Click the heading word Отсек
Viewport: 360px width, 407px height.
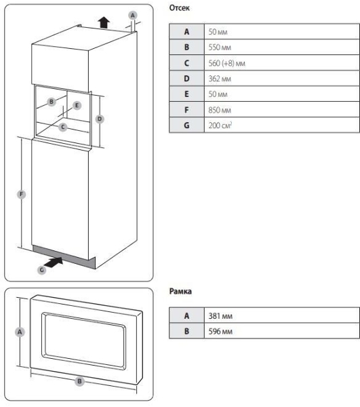click(x=179, y=8)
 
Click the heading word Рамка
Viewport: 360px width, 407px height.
click(x=180, y=291)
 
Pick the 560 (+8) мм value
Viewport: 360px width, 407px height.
click(x=226, y=63)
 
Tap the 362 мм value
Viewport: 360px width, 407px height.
click(x=220, y=79)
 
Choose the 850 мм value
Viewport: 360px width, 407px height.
click(x=220, y=110)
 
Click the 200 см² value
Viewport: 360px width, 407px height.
click(x=220, y=125)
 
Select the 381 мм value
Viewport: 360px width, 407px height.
click(x=220, y=316)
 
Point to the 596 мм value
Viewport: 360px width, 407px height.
click(x=220, y=331)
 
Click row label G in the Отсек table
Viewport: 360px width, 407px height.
click(x=186, y=125)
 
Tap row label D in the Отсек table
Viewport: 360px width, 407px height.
click(x=186, y=79)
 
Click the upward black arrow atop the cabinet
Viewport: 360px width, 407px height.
click(x=104, y=22)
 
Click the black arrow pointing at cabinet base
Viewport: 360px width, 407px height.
click(x=54, y=262)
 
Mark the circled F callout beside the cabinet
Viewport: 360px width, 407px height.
click(x=21, y=194)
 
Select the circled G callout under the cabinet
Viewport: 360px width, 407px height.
click(x=42, y=270)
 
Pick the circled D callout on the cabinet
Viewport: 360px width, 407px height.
click(x=100, y=119)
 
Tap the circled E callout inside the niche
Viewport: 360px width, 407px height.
click(x=77, y=105)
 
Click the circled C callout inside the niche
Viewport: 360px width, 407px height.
click(x=63, y=128)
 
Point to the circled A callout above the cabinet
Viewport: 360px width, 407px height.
click(x=133, y=16)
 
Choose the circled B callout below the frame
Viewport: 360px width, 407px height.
click(x=79, y=381)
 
